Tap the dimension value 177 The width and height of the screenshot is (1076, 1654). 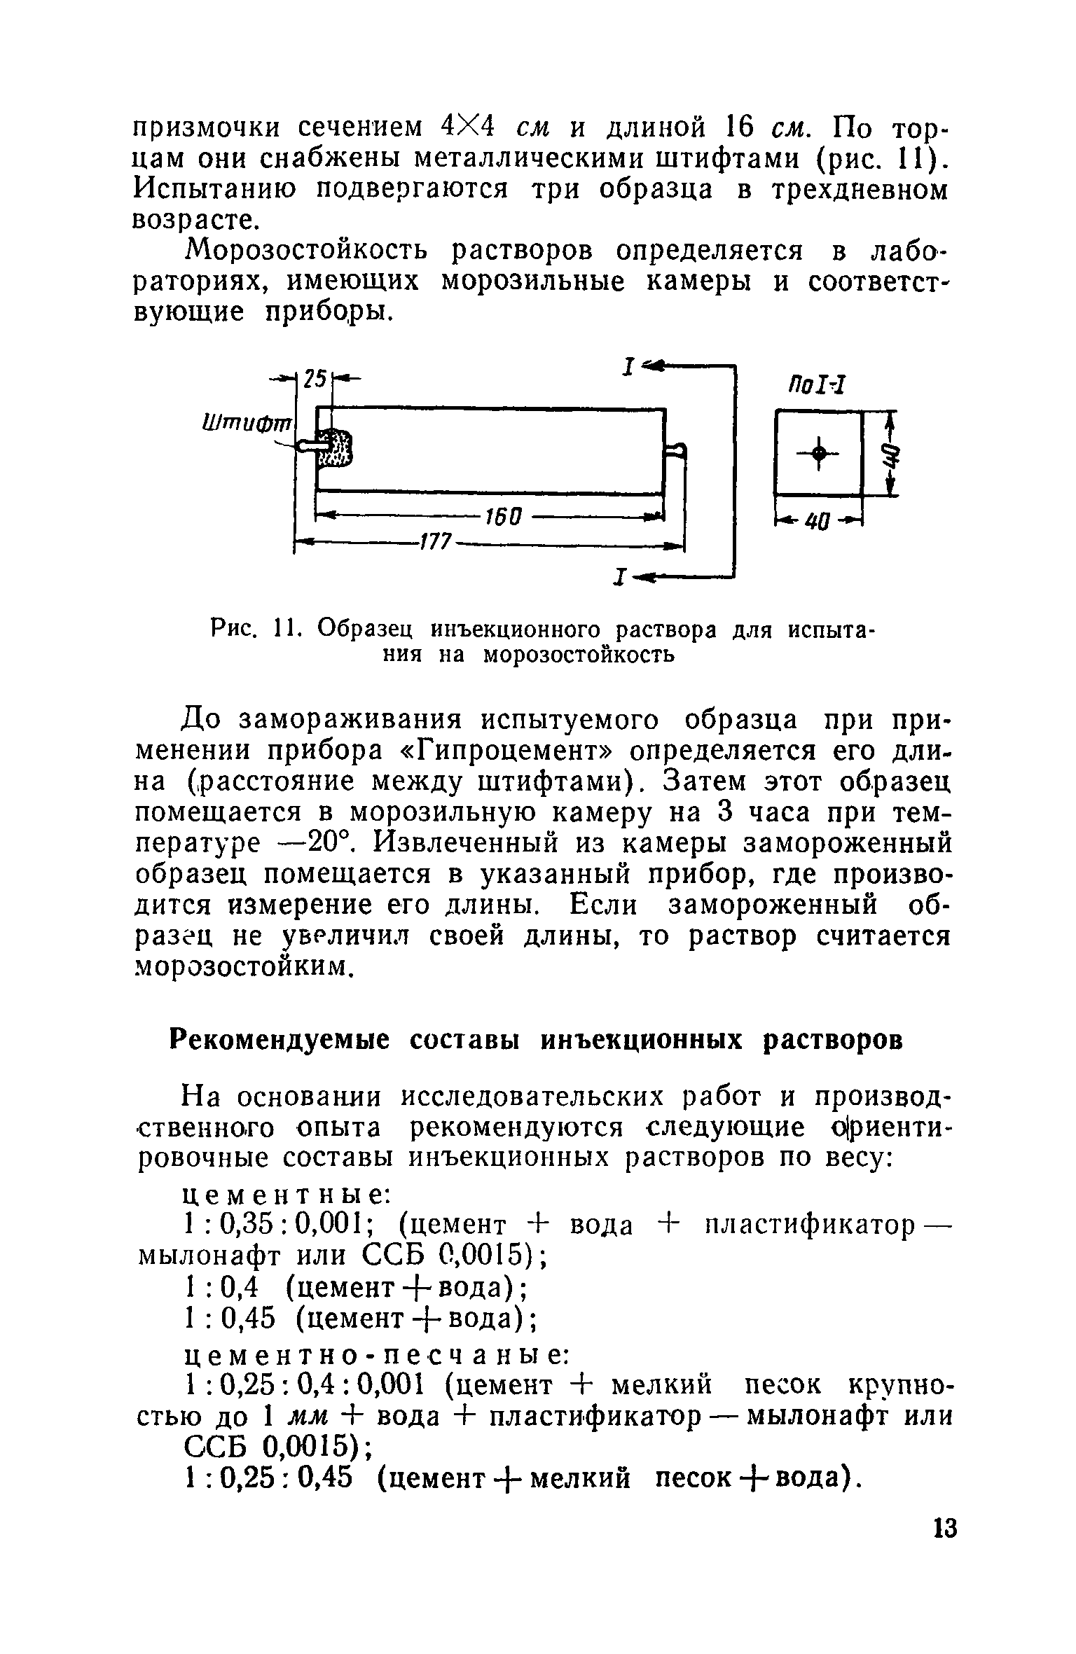coord(436,542)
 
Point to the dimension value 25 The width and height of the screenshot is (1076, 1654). coord(316,379)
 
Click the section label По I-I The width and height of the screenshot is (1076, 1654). coord(817,384)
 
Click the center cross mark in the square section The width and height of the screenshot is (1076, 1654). coord(818,454)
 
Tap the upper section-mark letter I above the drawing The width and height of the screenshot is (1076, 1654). coord(629,367)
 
